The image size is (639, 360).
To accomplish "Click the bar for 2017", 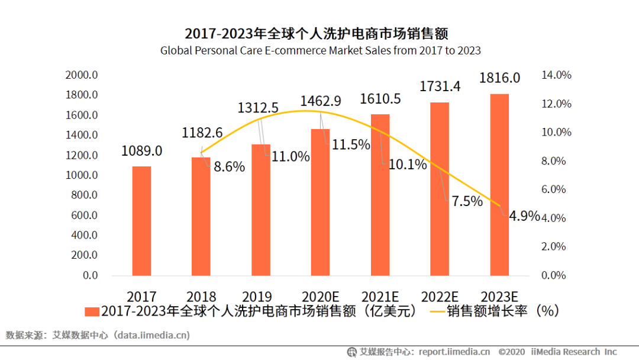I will pyautogui.click(x=141, y=220).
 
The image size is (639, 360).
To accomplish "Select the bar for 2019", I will pyautogui.click(x=261, y=210).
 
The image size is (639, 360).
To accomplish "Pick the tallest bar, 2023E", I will pyautogui.click(x=499, y=184).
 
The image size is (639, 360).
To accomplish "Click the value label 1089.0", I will pyautogui.click(x=141, y=151).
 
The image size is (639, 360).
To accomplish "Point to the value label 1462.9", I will pyautogui.click(x=321, y=101).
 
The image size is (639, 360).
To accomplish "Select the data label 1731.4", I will pyautogui.click(x=440, y=86).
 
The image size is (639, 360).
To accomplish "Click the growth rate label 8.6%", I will pyautogui.click(x=229, y=167).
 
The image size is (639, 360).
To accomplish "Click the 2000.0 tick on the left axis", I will pyautogui.click(x=82, y=75).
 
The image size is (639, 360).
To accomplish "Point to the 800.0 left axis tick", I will pyautogui.click(x=84, y=195).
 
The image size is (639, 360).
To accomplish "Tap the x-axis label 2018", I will pyautogui.click(x=201, y=296).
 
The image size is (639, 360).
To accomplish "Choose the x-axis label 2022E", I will pyautogui.click(x=440, y=296).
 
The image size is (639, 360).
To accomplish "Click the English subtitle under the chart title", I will pyautogui.click(x=320, y=50).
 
